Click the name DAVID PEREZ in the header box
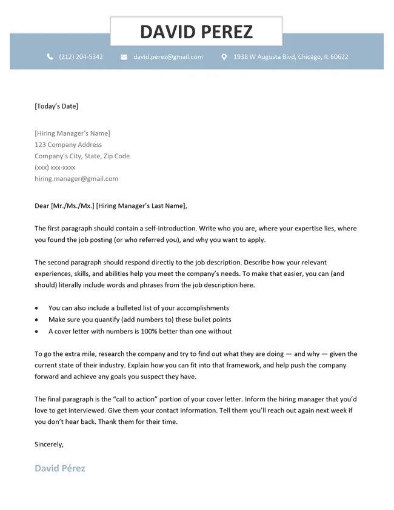196,32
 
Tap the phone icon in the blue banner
50,57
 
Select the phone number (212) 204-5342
81,57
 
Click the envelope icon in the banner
124,57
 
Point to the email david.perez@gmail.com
168,57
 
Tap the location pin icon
224,57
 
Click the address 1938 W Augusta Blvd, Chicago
290,57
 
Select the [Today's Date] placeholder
56,106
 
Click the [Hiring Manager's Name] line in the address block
72,133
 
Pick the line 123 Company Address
68,145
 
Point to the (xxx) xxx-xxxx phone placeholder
55,167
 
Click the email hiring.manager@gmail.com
76,179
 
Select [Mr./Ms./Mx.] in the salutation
73,206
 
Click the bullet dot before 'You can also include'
37,308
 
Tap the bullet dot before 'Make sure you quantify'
37,320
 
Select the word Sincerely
48,445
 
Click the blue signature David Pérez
59,468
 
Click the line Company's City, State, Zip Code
82,156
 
